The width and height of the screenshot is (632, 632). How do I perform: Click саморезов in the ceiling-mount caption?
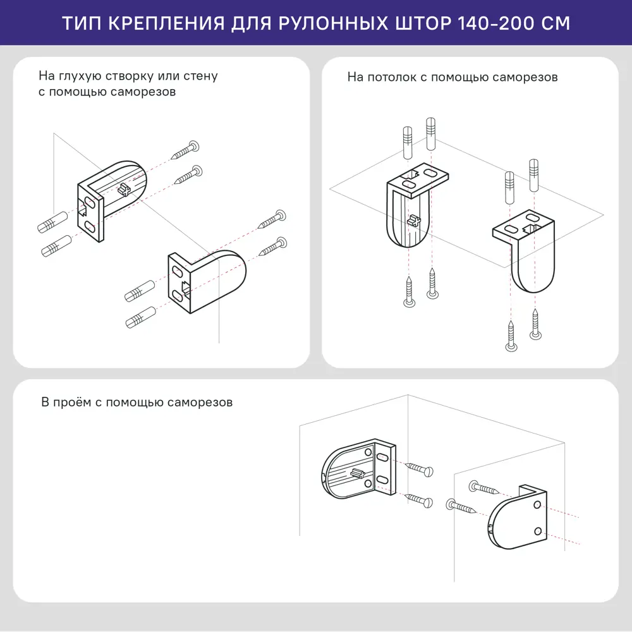click(x=525, y=77)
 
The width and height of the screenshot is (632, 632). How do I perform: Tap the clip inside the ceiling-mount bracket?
click(x=414, y=220)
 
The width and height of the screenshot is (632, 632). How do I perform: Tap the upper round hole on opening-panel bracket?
click(x=537, y=506)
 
